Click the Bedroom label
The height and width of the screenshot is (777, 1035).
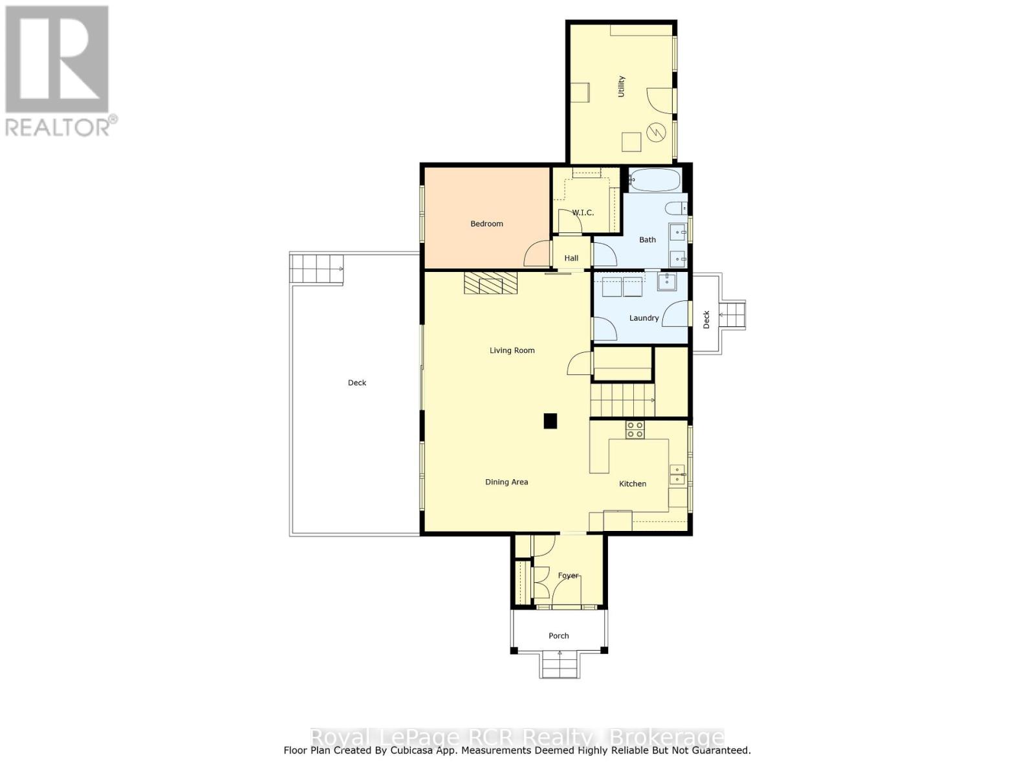coord(486,223)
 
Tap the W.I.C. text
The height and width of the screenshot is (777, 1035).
coord(582,212)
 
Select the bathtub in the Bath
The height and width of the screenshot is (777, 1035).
coord(655,179)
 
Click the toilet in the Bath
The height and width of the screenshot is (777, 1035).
coord(676,208)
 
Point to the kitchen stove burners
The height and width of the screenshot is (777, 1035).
coord(635,429)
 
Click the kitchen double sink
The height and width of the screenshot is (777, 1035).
coord(677,475)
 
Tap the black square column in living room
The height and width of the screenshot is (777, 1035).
coord(550,421)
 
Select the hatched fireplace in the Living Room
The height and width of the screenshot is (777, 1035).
coord(491,283)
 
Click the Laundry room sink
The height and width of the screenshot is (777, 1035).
coord(667,282)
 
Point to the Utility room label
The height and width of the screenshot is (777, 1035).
coord(621,86)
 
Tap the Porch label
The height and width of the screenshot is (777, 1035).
coord(558,636)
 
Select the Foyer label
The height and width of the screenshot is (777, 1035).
coord(568,575)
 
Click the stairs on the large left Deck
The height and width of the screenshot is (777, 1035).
coord(316,268)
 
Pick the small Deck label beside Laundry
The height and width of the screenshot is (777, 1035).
coord(706,319)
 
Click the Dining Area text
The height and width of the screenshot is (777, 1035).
coord(507,482)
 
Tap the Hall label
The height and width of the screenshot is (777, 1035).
coord(571,258)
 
